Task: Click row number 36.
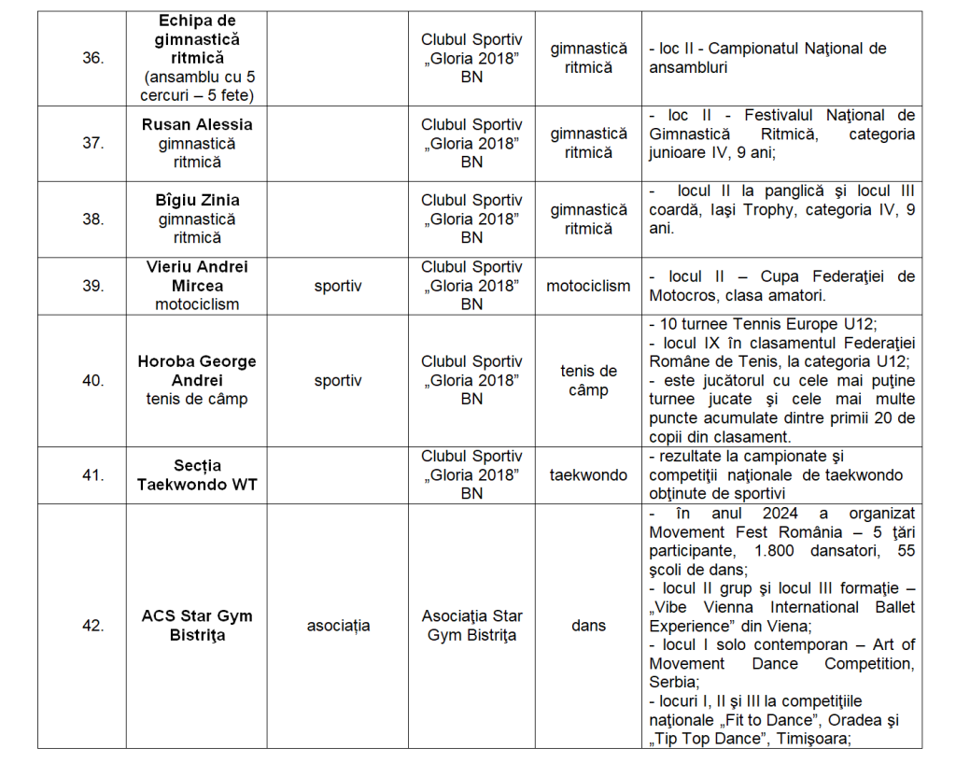(92, 58)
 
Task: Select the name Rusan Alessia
(197, 124)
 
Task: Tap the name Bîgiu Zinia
(197, 200)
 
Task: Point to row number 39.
(92, 286)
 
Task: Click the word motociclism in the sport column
(588, 286)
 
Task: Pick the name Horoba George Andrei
(197, 371)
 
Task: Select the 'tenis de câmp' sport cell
(588, 381)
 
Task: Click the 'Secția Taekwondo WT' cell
(197, 475)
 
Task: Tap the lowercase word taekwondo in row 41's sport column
(588, 475)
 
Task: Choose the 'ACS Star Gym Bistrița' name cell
(197, 626)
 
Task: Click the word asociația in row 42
(338, 626)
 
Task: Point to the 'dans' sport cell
(588, 626)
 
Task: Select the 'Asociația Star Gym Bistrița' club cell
(472, 626)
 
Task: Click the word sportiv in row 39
(338, 286)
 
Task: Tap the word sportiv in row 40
(338, 381)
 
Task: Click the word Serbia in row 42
(673, 683)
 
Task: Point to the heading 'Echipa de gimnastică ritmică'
(197, 39)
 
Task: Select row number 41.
(92, 475)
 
